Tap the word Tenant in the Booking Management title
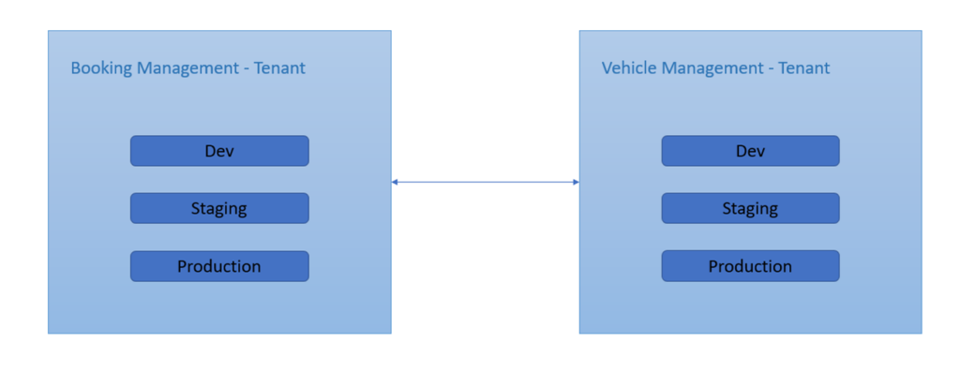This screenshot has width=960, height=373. pos(279,68)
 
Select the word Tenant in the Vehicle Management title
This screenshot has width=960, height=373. pos(803,68)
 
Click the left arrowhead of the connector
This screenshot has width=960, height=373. pos(396,182)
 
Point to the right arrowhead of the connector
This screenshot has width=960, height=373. pos(575,182)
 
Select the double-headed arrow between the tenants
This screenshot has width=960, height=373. pos(485,182)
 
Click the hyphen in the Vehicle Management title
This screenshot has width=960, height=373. pos(770,69)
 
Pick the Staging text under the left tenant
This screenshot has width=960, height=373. pos(219,208)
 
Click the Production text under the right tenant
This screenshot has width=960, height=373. pos(750,266)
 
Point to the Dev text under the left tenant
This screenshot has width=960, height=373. pos(219,151)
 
